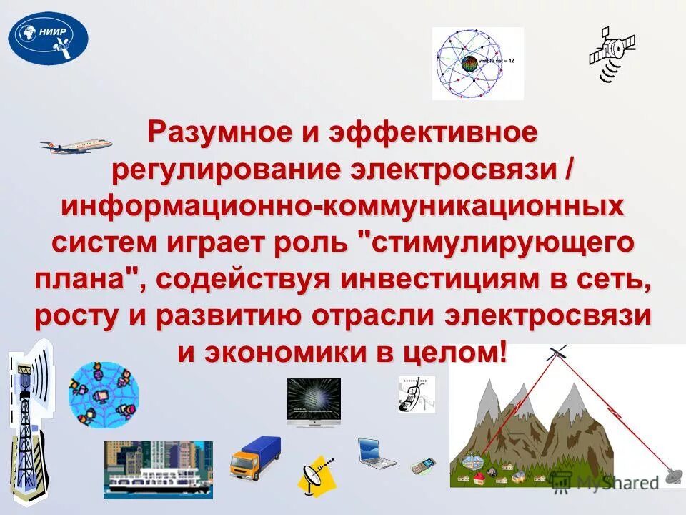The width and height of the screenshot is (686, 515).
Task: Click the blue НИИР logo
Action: point(48,38)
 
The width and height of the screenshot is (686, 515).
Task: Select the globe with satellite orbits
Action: point(477,64)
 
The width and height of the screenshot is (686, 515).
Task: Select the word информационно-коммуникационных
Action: point(342,207)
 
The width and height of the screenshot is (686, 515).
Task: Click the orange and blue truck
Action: point(255,457)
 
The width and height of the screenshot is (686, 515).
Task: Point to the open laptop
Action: point(376,451)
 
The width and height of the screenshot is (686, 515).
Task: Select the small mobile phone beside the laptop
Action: point(422,466)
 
